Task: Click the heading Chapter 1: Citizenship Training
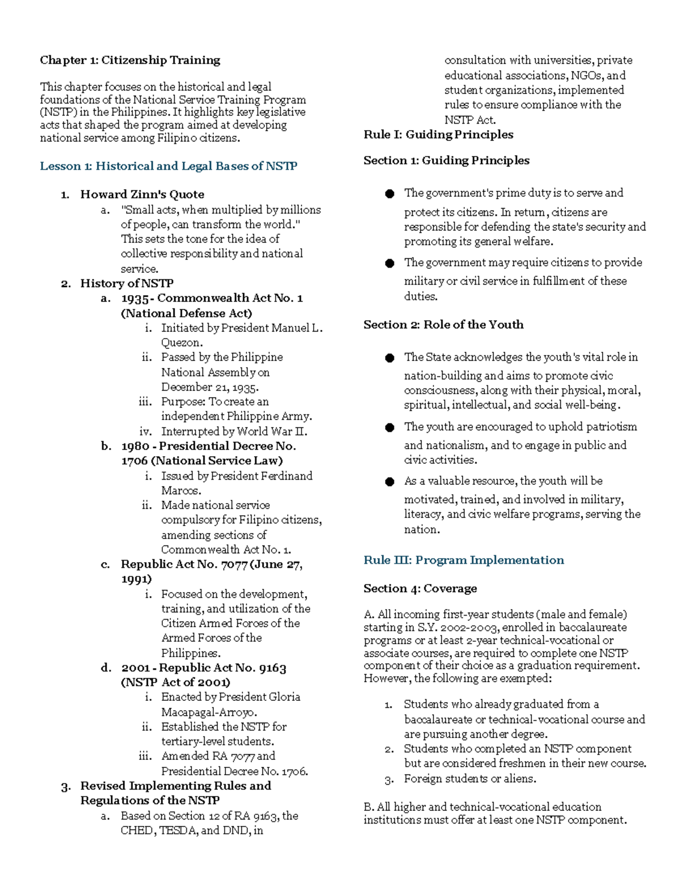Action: click(130, 60)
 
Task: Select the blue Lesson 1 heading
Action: click(168, 166)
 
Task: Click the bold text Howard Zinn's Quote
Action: click(142, 194)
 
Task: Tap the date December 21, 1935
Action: click(209, 387)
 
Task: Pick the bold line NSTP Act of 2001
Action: click(175, 683)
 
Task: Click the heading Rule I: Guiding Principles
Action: click(438, 135)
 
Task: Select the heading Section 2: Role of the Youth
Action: click(443, 324)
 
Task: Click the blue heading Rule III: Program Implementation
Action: click(463, 560)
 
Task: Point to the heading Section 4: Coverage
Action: click(420, 589)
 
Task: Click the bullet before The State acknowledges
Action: click(390, 358)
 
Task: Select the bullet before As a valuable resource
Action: click(390, 482)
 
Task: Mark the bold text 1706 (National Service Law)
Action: click(202, 461)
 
